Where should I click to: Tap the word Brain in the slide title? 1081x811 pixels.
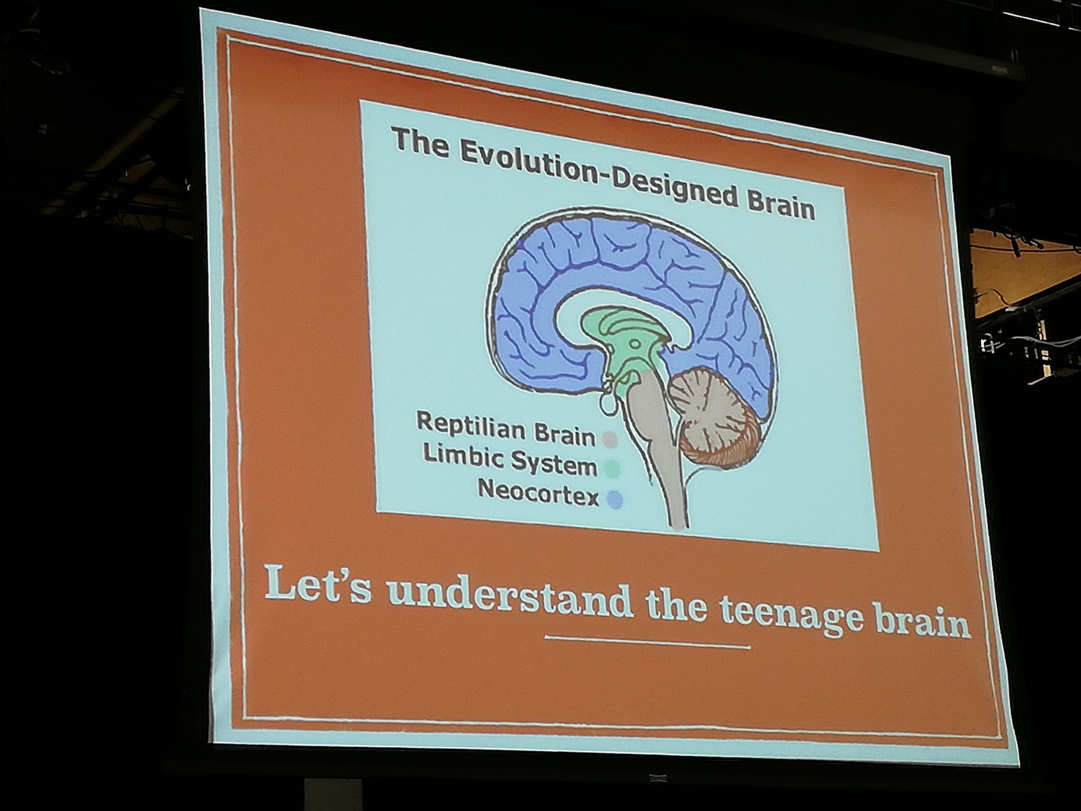pos(780,204)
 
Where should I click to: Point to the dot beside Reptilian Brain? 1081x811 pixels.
pos(610,439)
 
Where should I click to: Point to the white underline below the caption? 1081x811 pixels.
pos(648,642)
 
